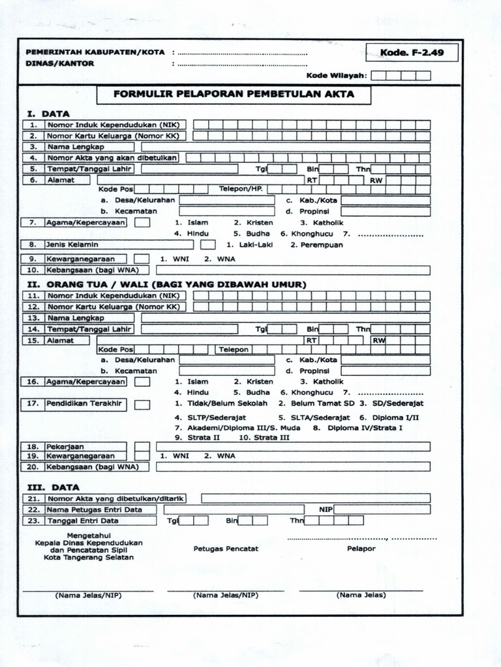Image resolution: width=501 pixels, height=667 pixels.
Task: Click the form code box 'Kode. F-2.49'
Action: (412, 52)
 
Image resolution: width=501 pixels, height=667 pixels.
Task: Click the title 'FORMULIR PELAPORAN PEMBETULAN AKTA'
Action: (234, 94)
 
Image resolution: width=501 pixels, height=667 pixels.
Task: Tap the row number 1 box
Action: (33, 124)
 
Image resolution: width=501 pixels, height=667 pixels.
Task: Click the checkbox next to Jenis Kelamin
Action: (207, 245)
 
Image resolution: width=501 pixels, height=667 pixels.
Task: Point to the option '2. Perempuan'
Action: (316, 245)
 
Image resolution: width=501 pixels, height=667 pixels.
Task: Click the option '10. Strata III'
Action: (264, 438)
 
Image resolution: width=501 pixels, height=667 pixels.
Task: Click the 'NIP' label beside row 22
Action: (326, 509)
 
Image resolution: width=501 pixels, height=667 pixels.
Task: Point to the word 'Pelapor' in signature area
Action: (361, 548)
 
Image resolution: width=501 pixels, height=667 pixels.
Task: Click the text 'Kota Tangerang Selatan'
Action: (89, 557)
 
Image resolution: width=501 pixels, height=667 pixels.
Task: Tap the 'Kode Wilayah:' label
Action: (337, 76)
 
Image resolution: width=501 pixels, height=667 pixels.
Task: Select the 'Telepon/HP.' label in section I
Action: (240, 189)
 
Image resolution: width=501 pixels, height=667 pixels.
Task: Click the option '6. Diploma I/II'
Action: (389, 417)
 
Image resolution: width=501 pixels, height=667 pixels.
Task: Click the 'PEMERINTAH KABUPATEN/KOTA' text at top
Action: (95, 52)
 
